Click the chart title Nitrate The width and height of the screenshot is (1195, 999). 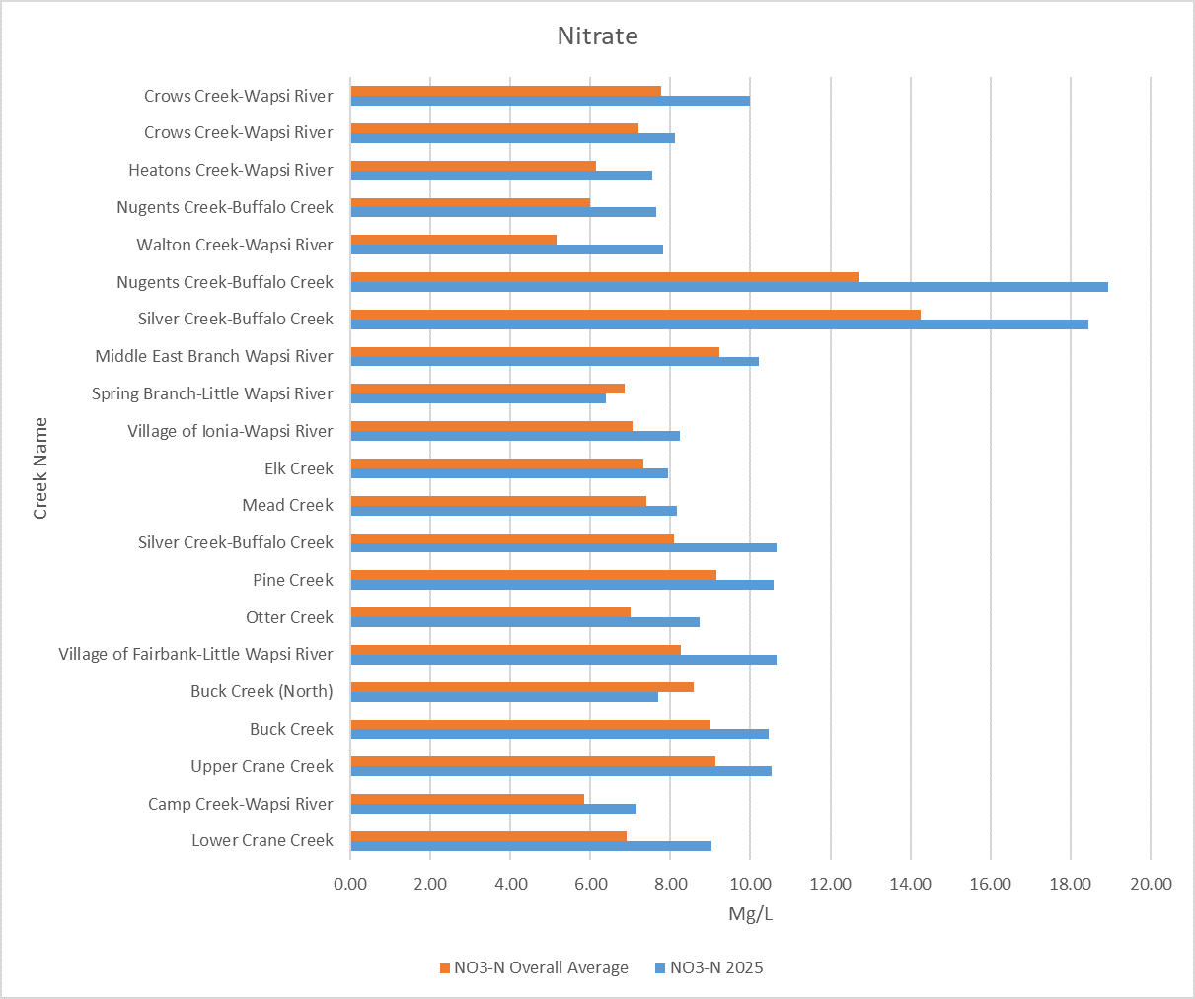(x=597, y=36)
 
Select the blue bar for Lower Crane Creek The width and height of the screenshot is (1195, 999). (x=531, y=846)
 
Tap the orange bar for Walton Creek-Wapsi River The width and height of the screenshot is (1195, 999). (x=453, y=240)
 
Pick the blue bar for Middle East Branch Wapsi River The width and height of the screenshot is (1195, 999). (x=555, y=361)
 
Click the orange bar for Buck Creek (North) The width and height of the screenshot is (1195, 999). (x=522, y=687)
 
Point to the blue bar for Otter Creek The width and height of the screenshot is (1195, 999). (x=525, y=622)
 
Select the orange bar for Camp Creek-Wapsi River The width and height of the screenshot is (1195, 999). (x=467, y=799)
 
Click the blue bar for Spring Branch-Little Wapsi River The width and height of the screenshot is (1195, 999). (x=479, y=398)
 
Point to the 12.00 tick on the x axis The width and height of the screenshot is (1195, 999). (x=830, y=883)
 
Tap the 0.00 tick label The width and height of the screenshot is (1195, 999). (x=350, y=883)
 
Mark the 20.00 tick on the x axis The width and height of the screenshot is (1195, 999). (x=1150, y=883)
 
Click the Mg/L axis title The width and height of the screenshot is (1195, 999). (x=750, y=914)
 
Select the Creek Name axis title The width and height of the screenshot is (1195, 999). (x=40, y=468)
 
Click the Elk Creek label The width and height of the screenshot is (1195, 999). (x=298, y=468)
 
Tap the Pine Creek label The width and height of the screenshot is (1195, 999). (x=292, y=580)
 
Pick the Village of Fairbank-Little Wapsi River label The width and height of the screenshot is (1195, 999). (x=195, y=654)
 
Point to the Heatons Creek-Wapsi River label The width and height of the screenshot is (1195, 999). (x=231, y=170)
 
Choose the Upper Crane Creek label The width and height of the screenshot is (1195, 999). (x=261, y=766)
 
